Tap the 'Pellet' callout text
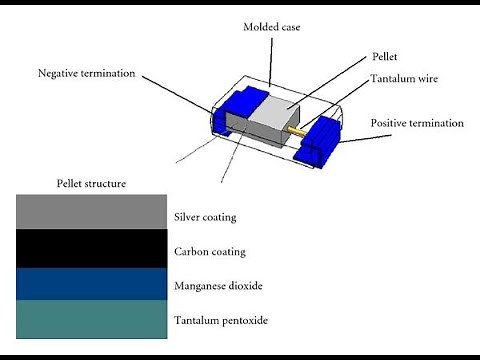385,59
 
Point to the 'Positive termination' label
417,123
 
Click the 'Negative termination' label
88,73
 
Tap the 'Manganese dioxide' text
218,286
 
